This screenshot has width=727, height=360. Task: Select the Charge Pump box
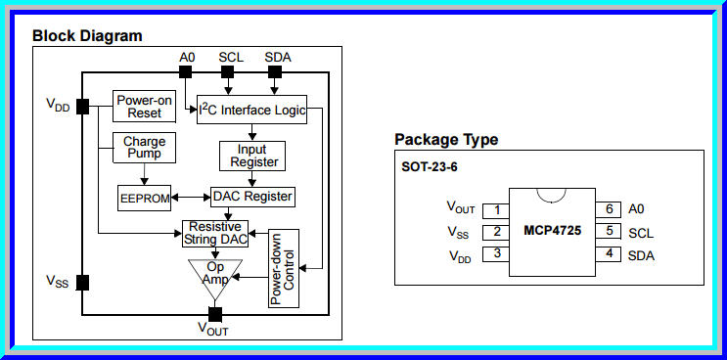pos(144,148)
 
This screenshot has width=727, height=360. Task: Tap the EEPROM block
pos(143,197)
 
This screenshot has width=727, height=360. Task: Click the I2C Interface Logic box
pos(251,110)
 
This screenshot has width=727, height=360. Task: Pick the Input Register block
pos(253,155)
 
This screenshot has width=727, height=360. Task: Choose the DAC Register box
pos(252,197)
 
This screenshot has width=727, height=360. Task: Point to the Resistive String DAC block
pos(214,233)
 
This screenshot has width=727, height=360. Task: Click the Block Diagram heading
pos(87,36)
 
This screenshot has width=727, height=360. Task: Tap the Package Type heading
pos(446,139)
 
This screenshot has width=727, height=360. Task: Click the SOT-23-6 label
pos(429,165)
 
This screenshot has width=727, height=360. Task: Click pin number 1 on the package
pos(497,209)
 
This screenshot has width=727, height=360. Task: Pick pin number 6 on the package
pos(609,209)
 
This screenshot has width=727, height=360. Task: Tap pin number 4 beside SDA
pos(609,255)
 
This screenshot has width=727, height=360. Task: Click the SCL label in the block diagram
pos(231,58)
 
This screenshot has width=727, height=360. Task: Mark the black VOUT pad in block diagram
pos(215,314)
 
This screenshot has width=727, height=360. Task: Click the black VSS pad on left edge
pos(82,282)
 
